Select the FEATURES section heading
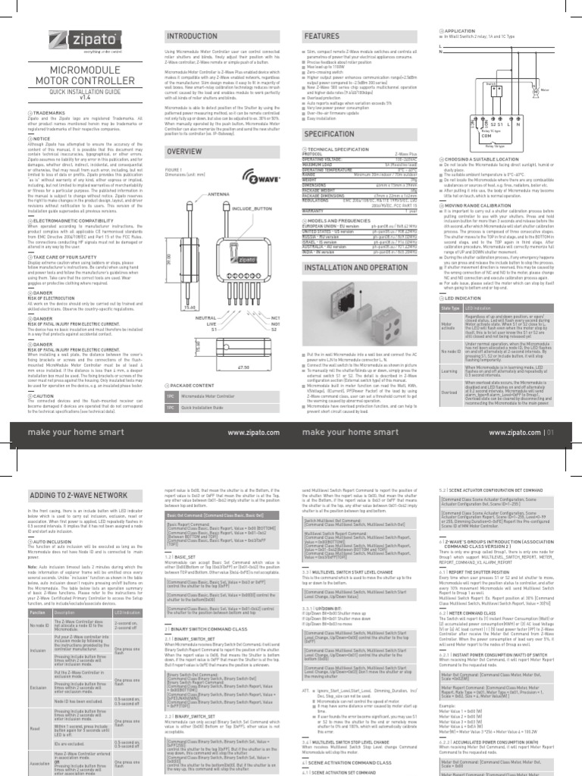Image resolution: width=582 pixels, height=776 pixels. pyautogui.click(x=321, y=36)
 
